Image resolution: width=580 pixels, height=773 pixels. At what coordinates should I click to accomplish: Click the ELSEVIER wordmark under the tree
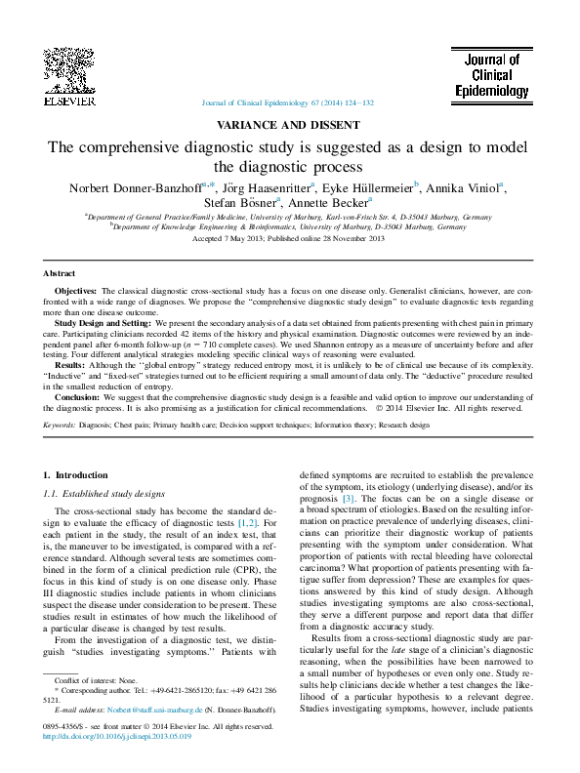67,101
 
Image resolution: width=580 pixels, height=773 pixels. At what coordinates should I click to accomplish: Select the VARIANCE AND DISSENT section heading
289,125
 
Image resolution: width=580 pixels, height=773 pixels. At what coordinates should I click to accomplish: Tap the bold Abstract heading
59,274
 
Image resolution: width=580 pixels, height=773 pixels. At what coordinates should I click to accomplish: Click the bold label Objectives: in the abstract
75,292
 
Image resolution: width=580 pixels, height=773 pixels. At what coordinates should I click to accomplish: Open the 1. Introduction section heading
81,475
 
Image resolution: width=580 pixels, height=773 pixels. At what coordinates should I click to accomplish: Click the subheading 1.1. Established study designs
104,495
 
